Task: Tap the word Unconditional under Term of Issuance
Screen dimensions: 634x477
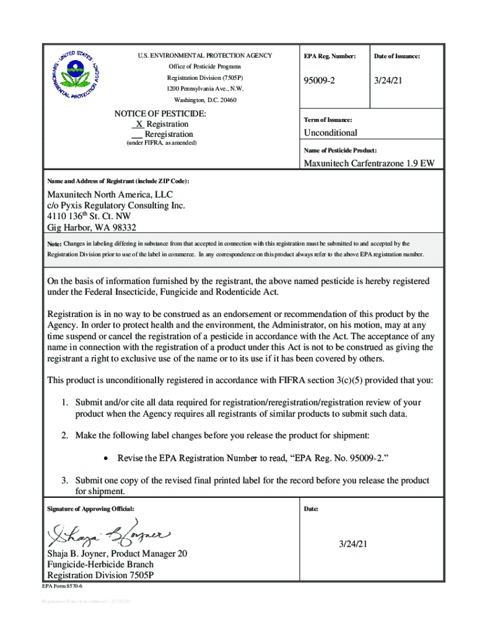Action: pyautogui.click(x=330, y=133)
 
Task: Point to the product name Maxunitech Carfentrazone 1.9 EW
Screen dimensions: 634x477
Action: pyautogui.click(x=369, y=163)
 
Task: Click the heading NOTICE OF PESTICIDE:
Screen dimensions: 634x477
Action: pyautogui.click(x=160, y=114)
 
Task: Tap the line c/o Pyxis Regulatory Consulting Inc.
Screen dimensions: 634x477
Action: pyautogui.click(x=116, y=205)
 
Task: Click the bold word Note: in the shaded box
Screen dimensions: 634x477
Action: pyautogui.click(x=55, y=245)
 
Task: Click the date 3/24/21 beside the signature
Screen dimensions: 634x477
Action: pyautogui.click(x=353, y=544)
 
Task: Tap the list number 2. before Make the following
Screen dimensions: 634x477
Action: pyautogui.click(x=64, y=436)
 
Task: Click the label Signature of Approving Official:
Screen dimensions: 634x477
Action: pyautogui.click(x=90, y=509)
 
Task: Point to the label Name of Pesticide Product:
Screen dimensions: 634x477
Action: pyautogui.click(x=340, y=150)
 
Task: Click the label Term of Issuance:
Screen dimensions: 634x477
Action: pyautogui.click(x=328, y=119)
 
